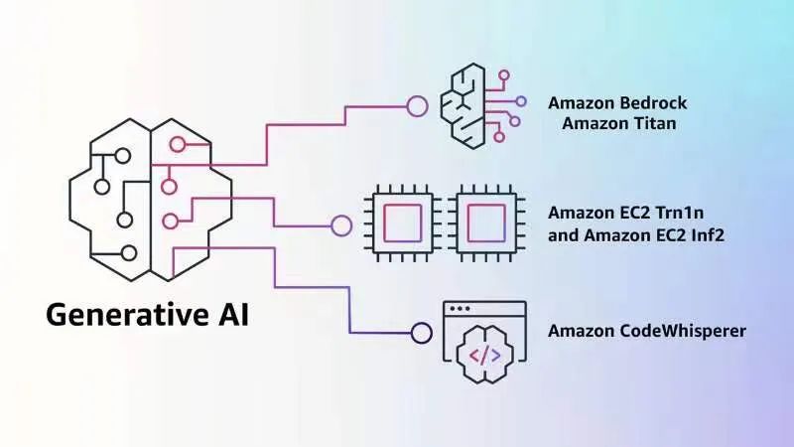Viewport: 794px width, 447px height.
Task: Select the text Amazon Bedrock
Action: (x=617, y=103)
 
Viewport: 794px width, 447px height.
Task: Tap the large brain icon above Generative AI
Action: (x=149, y=198)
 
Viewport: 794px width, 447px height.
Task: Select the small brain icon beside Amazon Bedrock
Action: (x=474, y=105)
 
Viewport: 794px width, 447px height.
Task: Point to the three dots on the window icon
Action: (x=461, y=309)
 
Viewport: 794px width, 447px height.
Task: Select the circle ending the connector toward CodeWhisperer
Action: (x=421, y=333)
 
